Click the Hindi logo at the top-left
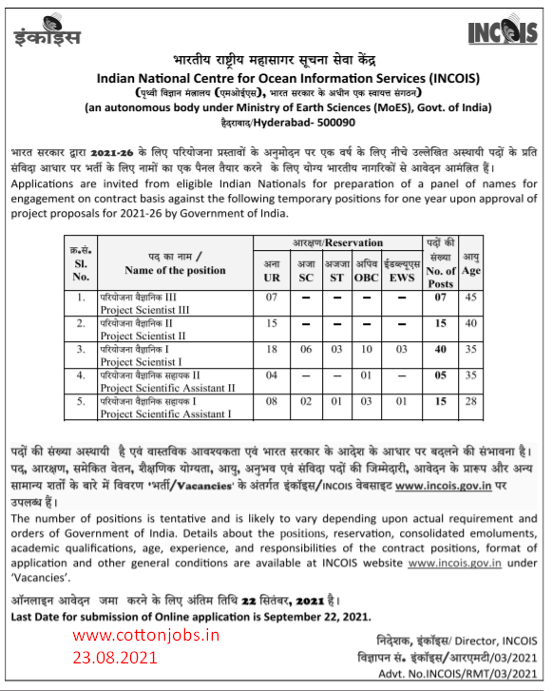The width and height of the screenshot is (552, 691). point(48,35)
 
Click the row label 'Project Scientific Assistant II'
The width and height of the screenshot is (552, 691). point(168,388)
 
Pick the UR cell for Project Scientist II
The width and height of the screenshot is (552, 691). point(272,325)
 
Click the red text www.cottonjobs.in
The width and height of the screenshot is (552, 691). point(145,636)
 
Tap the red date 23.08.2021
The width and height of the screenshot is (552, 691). point(120,657)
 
